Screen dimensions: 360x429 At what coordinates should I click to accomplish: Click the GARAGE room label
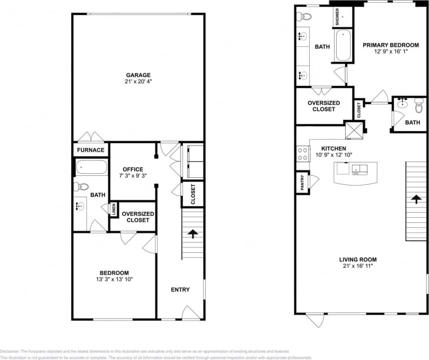pyautogui.click(x=138, y=75)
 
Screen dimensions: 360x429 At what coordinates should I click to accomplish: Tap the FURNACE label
pyautogui.click(x=90, y=150)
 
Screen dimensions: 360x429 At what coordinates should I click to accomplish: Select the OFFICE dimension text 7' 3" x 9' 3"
pyautogui.click(x=132, y=176)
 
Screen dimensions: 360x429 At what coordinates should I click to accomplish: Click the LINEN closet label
pyautogui.click(x=113, y=209)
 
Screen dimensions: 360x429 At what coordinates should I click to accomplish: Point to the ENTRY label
pyautogui.click(x=180, y=290)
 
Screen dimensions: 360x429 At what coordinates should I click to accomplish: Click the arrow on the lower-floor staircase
pyautogui.click(x=192, y=233)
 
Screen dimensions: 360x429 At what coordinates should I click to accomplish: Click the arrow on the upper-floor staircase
pyautogui.click(x=416, y=199)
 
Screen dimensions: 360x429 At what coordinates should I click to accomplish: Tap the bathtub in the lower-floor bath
pyautogui.click(x=91, y=167)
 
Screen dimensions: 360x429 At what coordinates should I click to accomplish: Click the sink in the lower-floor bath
pyautogui.click(x=80, y=206)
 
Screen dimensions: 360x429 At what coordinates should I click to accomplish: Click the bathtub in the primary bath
pyautogui.click(x=343, y=46)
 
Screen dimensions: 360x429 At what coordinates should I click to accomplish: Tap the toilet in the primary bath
pyautogui.click(x=305, y=17)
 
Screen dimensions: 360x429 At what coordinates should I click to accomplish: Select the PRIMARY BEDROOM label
pyautogui.click(x=390, y=45)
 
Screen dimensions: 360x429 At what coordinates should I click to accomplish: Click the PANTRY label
pyautogui.click(x=302, y=183)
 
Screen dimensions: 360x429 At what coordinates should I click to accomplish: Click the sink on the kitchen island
pyautogui.click(x=359, y=169)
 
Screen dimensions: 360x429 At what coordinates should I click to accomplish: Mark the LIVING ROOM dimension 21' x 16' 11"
pyautogui.click(x=358, y=266)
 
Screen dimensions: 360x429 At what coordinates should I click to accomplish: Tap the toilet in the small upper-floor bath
pyautogui.click(x=419, y=105)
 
